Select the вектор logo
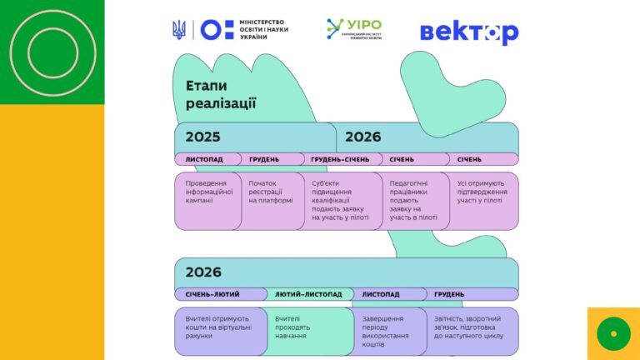(469, 32)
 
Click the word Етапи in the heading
(206, 86)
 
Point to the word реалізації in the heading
(221, 104)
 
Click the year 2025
(203, 137)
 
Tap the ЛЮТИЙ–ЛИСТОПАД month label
(308, 294)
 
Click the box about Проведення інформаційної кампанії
(208, 200)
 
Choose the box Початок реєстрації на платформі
(272, 200)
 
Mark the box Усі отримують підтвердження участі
(483, 200)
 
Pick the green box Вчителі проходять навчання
(308, 330)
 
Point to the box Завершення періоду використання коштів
(389, 330)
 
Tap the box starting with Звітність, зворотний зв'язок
(472, 330)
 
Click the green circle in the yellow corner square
(613, 333)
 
